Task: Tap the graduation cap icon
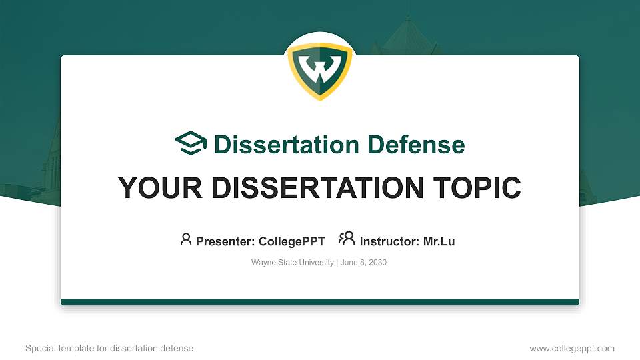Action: click(191, 143)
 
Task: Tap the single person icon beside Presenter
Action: click(186, 239)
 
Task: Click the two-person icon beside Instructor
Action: click(347, 239)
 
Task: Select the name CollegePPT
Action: click(292, 241)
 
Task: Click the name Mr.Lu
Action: click(439, 241)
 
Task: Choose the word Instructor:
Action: click(389, 241)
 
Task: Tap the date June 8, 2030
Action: click(363, 263)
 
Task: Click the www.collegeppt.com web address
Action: click(572, 348)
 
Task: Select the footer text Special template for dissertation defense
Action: click(109, 348)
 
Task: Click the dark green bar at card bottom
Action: click(320, 302)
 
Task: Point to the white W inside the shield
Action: click(320, 68)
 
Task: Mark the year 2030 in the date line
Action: click(377, 263)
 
